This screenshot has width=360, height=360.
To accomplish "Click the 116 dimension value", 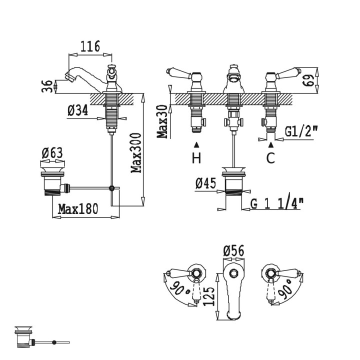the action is pyautogui.click(x=90, y=46).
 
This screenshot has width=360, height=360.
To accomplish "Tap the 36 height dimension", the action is pyautogui.click(x=47, y=86).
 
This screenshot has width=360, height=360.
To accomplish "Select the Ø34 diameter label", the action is pyautogui.click(x=78, y=110).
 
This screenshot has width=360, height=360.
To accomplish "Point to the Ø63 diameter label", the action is pyautogui.click(x=52, y=153).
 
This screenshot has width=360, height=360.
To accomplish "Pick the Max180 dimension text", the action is pyautogui.click(x=78, y=208).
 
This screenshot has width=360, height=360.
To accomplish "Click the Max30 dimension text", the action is pyautogui.click(x=162, y=121).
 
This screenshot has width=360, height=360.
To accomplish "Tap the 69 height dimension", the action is pyautogui.click(x=308, y=80).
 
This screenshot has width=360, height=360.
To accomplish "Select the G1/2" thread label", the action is pyautogui.click(x=301, y=131).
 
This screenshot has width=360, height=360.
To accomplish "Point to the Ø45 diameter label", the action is pyautogui.click(x=206, y=183).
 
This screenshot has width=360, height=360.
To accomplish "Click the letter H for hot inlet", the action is pyautogui.click(x=196, y=158).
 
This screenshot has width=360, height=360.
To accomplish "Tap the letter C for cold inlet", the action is pyautogui.click(x=271, y=158).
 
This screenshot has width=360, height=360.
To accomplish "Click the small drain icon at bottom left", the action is pyautogui.click(x=42, y=336).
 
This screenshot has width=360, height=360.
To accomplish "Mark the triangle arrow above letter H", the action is pyautogui.click(x=196, y=144).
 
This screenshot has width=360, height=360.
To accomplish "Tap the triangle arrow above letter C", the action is pyautogui.click(x=271, y=144).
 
